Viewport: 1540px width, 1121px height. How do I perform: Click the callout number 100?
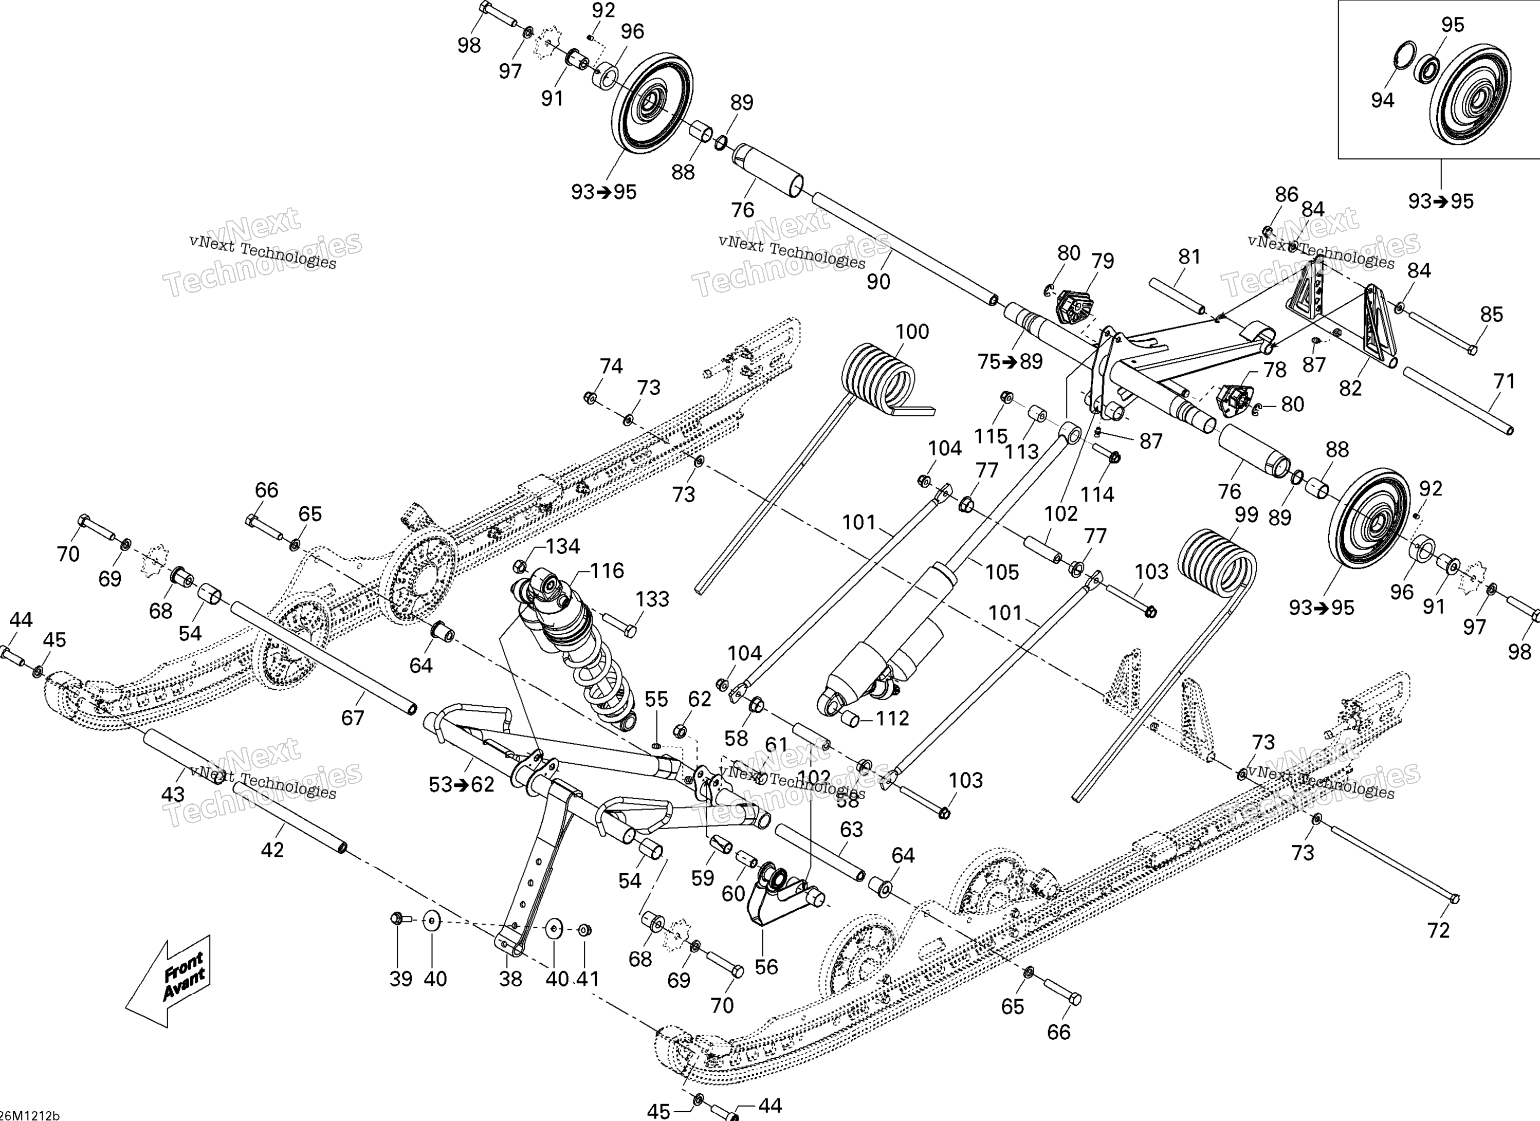point(912,332)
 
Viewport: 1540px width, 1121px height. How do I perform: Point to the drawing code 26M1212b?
point(30,1115)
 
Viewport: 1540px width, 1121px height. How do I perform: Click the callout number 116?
point(607,571)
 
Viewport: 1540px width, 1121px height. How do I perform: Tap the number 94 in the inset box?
point(1383,101)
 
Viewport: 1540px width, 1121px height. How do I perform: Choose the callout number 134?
point(563,546)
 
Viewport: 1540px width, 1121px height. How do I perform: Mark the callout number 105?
point(1002,573)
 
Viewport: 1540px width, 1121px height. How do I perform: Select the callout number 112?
point(891,719)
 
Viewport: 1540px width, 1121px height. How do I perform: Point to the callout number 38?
point(510,979)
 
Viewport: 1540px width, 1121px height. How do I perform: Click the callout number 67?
point(353,718)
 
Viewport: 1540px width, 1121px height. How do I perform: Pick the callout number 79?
point(1103,261)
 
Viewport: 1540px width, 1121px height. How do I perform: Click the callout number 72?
point(1439,930)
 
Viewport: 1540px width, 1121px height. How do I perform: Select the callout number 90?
point(878,282)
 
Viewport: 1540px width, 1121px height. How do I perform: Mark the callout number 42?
point(272,850)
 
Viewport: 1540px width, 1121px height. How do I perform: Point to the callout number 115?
point(991,436)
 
